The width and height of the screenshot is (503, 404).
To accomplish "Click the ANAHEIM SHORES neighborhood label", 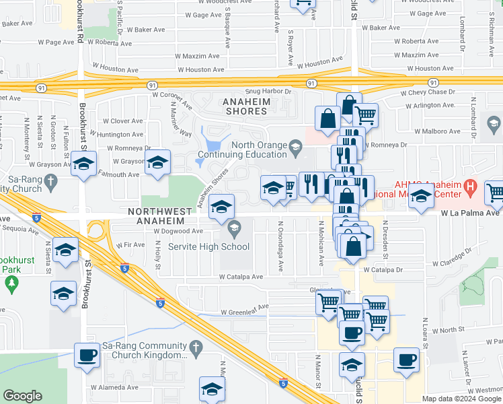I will pyautogui.click(x=251, y=107).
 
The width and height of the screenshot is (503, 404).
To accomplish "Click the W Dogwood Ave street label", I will pyautogui.click(x=178, y=231).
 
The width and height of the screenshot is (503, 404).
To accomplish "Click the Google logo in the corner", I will pyautogui.click(x=22, y=396).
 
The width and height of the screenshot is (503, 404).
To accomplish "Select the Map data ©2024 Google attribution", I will pyautogui.click(x=461, y=399).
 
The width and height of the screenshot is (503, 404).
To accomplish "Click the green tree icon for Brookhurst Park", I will pyautogui.click(x=11, y=285).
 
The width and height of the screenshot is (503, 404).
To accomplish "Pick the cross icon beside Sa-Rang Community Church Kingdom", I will pyautogui.click(x=196, y=348).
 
